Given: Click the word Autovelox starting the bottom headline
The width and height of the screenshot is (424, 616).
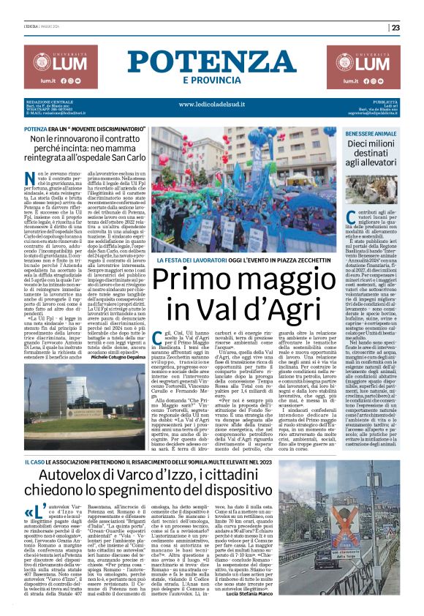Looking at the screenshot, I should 72,477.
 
